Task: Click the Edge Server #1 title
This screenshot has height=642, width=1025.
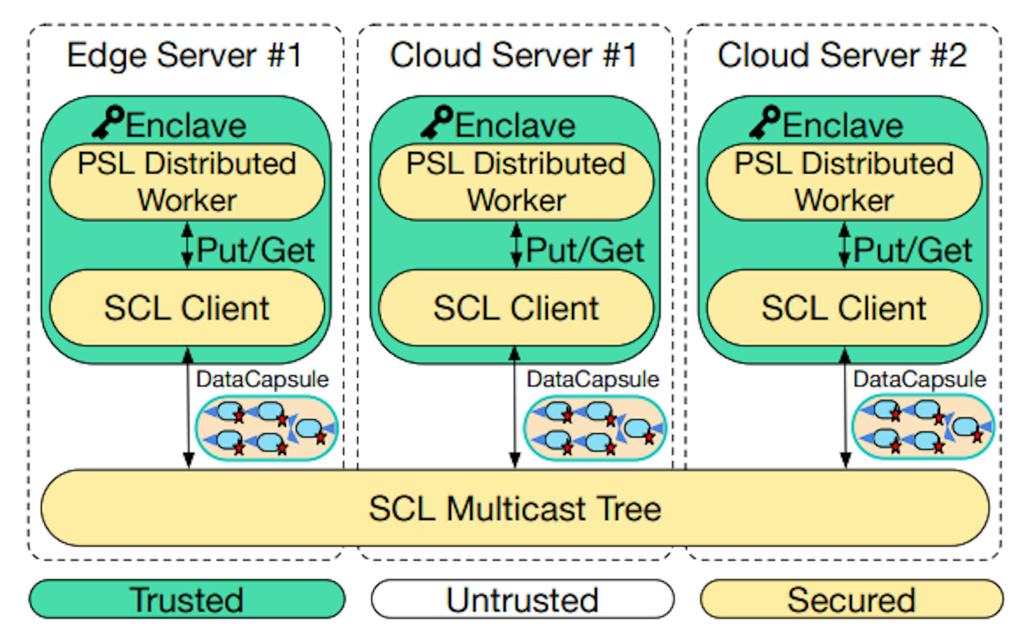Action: pos(185,55)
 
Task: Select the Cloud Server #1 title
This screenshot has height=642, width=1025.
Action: pos(514,55)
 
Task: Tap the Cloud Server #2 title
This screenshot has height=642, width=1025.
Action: pos(842,55)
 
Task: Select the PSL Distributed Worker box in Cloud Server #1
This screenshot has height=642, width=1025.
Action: pos(516,182)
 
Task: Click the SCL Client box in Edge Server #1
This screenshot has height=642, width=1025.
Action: pos(187,308)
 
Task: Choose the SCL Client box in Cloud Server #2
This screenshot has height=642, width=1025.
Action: pos(844,308)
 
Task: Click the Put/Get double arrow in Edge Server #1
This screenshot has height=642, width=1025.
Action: pos(187,245)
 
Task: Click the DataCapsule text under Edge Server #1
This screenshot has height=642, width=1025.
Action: pos(262,379)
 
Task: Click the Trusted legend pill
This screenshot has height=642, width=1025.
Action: pos(187,599)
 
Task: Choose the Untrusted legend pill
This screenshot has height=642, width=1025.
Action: pos(522,599)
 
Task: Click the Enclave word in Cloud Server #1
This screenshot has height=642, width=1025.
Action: pos(515,125)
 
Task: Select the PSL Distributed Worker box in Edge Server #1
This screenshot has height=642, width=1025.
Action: pos(187,182)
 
